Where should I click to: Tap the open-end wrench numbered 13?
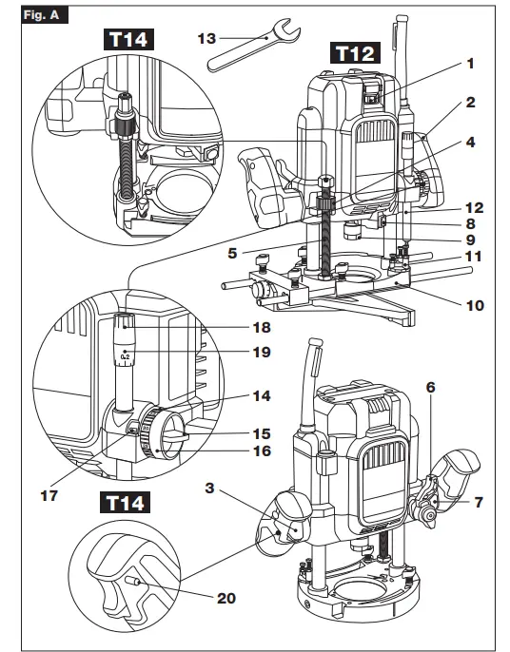(253, 45)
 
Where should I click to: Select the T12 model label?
(355, 53)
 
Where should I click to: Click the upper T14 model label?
(128, 40)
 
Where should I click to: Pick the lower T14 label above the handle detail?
(126, 502)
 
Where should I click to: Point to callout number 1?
(470, 64)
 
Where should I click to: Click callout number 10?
(475, 306)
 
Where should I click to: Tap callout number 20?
(226, 599)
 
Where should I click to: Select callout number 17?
(49, 496)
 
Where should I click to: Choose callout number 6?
(430, 388)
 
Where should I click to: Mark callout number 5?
(232, 253)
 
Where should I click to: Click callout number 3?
(210, 488)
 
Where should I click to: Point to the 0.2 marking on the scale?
(125, 356)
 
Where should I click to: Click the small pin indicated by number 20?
(132, 582)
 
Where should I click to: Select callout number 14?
(262, 395)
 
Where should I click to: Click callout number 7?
(479, 502)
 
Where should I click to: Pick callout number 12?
(475, 208)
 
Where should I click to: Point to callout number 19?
(262, 353)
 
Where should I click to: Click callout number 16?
(263, 451)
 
